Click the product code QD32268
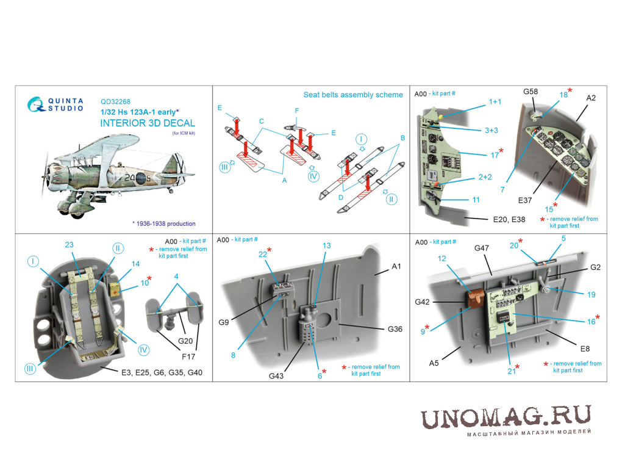click(115, 102)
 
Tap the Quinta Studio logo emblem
click(35, 104)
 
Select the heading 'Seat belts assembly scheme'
click(353, 95)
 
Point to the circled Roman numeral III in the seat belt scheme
click(224, 167)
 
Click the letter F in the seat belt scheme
click(297, 110)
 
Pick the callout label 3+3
click(491, 130)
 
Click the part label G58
click(531, 92)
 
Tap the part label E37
click(525, 201)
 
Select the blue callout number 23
click(70, 245)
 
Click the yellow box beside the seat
click(115, 290)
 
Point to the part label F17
click(188, 357)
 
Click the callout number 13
click(326, 246)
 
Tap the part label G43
click(276, 375)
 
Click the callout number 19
click(591, 295)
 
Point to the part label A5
click(434, 363)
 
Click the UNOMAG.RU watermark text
click(506, 418)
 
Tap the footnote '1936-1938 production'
click(166, 223)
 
